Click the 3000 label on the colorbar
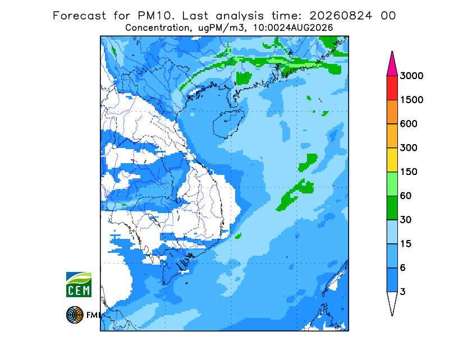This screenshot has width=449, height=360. point(411,76)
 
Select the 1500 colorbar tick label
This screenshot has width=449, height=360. point(411,100)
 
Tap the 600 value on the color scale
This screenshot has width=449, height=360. point(409,124)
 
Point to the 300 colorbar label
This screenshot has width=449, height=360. point(409,148)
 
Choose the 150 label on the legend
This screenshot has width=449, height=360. point(409,172)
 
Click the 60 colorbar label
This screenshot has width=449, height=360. point(406,196)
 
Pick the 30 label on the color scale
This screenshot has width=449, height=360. point(406,220)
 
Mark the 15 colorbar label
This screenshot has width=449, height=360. point(406,244)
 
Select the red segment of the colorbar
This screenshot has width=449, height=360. point(392,88)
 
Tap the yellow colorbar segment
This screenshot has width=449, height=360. point(392,160)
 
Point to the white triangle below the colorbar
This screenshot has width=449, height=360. point(392,302)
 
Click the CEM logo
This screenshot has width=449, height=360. point(79,284)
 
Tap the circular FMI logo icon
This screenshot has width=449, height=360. point(75,315)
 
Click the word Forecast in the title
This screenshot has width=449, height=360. point(79,16)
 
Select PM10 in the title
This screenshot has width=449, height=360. point(156,16)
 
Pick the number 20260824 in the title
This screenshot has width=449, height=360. point(341,16)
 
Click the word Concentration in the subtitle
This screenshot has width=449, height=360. point(157,28)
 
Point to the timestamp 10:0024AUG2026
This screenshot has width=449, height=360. point(293,28)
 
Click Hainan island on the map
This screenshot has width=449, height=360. point(228,123)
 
